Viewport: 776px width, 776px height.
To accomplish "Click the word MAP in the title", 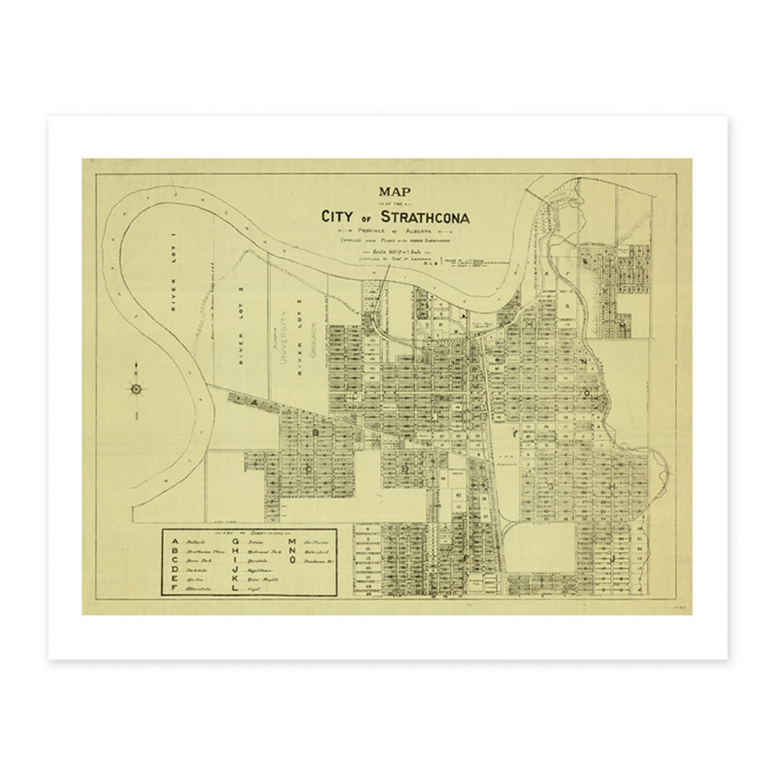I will [x=394, y=192].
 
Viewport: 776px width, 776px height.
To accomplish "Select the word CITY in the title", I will [x=339, y=217].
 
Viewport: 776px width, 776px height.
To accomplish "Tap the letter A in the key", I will [x=175, y=541].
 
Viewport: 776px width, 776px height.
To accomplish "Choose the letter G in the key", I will [x=235, y=542].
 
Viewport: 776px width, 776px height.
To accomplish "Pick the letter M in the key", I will [x=293, y=542].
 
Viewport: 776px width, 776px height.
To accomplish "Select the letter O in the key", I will [x=293, y=560].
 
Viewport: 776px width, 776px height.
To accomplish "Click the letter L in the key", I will [x=235, y=588].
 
